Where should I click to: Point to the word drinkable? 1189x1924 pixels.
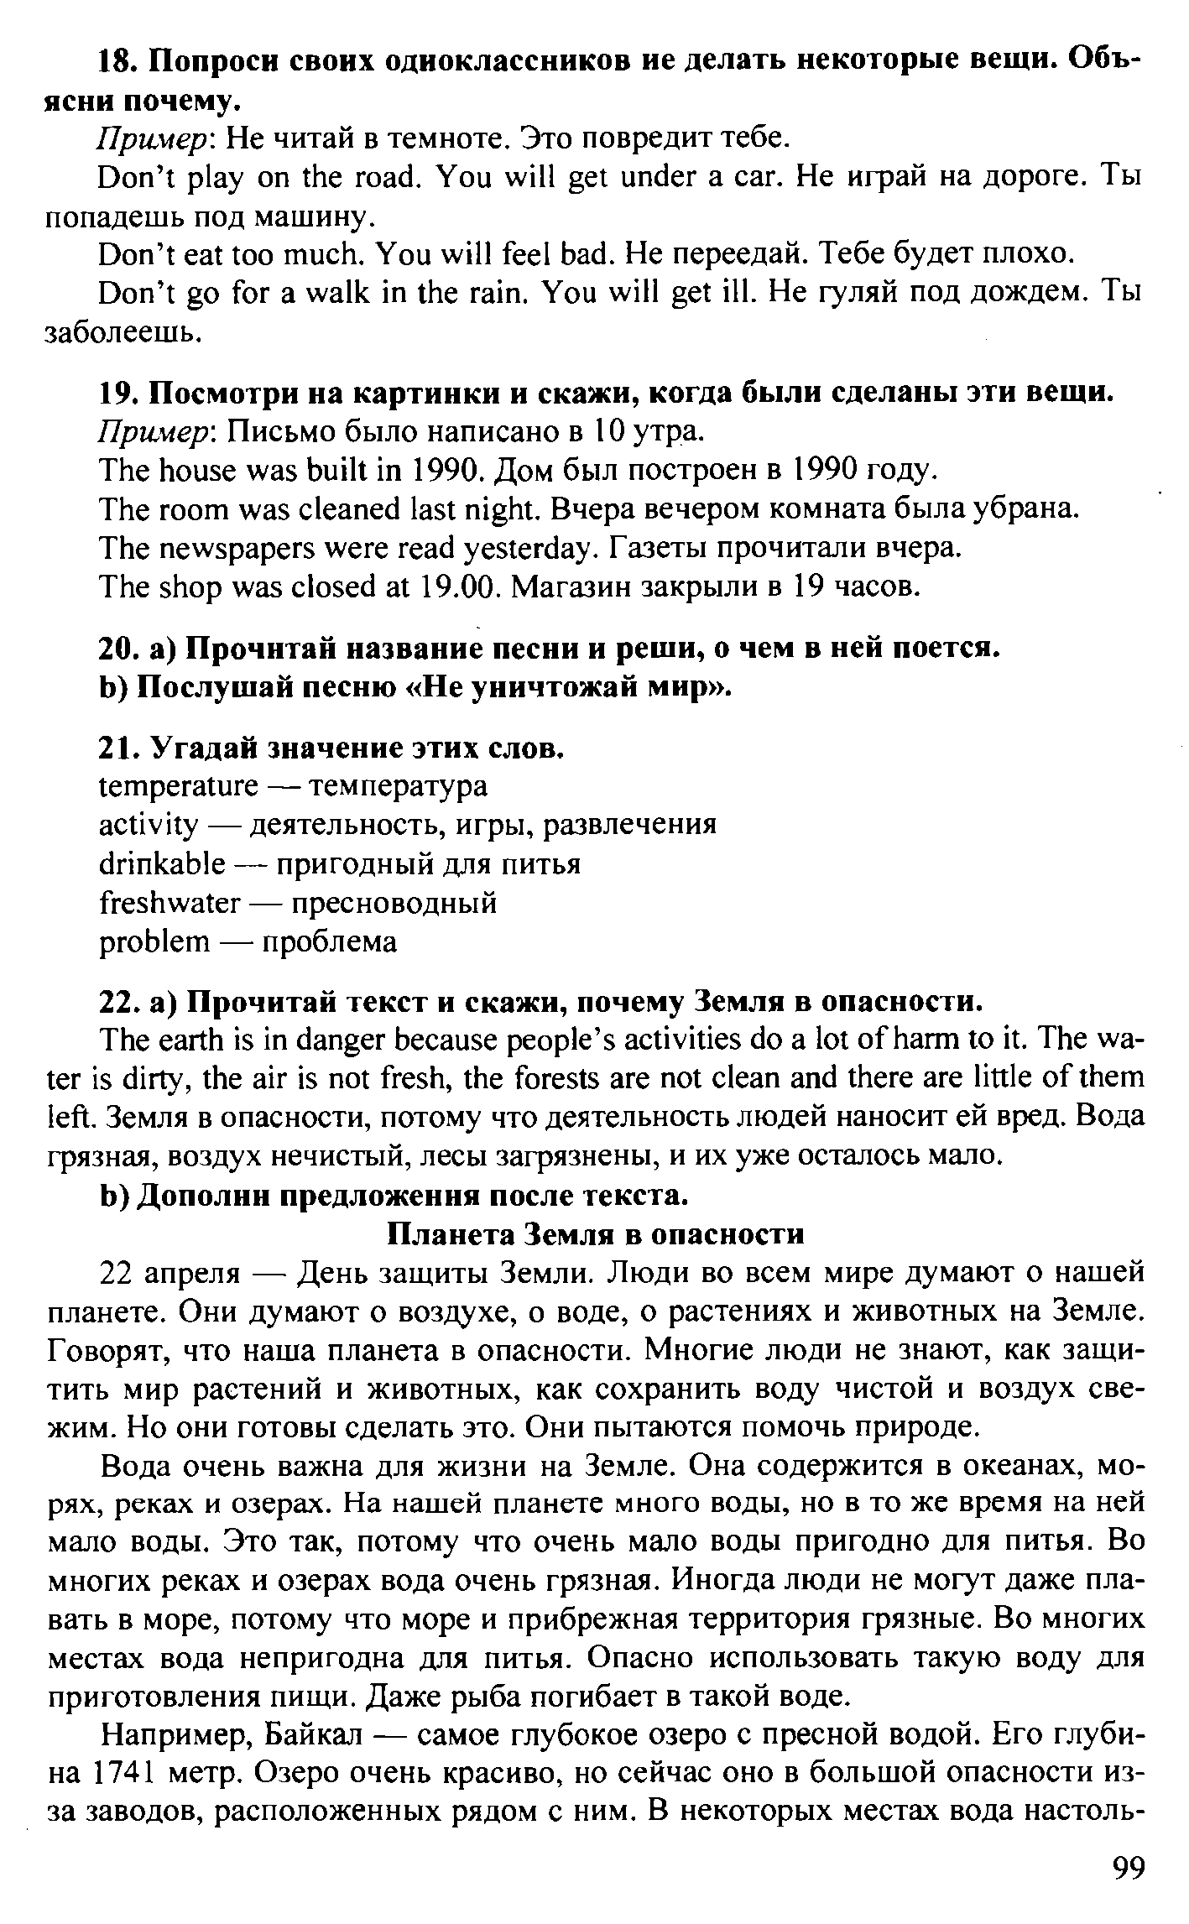(x=162, y=864)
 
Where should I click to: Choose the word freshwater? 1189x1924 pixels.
(x=169, y=903)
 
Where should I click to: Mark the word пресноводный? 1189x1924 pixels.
(x=394, y=903)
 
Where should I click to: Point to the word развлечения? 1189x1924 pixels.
(x=631, y=825)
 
